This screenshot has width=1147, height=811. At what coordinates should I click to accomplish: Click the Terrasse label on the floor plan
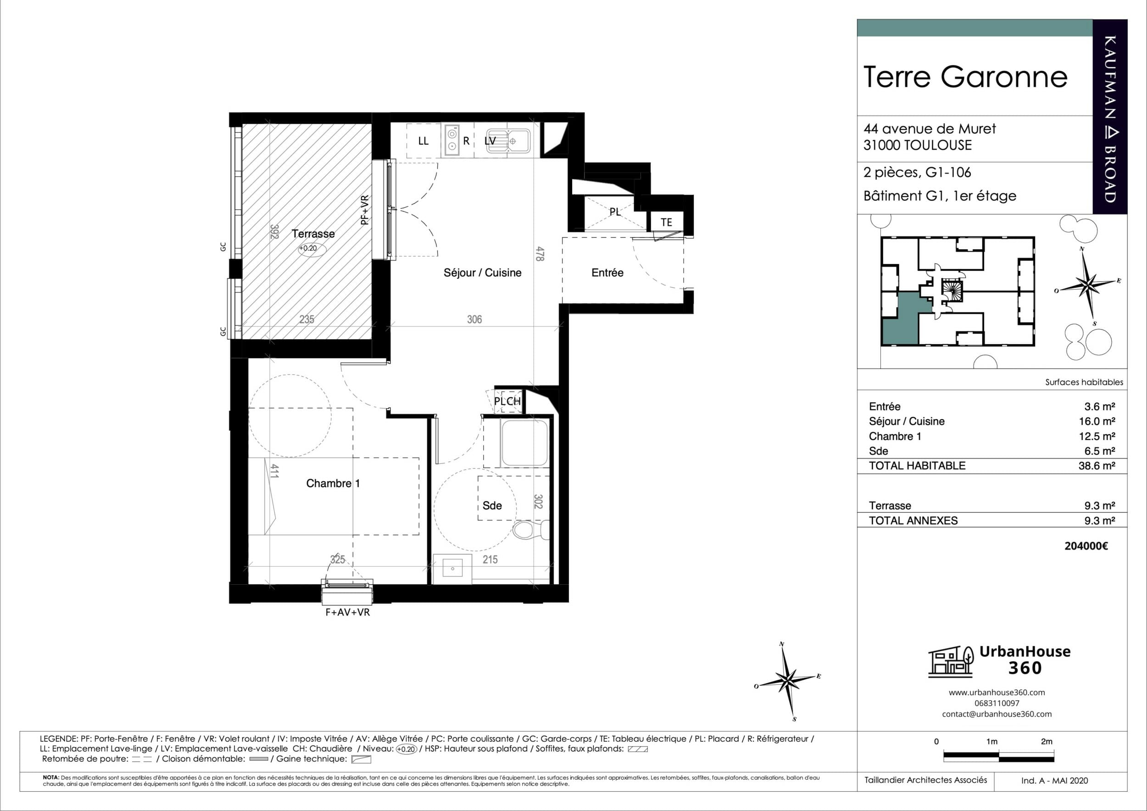coord(313,234)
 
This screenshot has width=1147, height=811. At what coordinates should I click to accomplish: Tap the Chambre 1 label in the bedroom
coord(333,483)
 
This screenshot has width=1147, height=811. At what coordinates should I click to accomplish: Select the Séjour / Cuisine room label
coord(483,273)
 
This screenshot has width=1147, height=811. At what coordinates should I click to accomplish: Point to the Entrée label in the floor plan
coord(607,273)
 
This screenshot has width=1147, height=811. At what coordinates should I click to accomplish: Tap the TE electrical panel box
coord(667,222)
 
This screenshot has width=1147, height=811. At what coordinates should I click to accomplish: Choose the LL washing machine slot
coord(423,141)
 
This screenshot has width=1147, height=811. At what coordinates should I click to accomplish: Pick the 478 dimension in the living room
coord(540,253)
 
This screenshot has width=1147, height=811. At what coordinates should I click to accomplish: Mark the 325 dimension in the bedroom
coord(338,559)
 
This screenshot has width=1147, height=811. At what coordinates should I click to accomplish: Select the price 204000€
coord(1086,546)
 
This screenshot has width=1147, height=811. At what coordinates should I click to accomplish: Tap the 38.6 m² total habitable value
coord(1097,466)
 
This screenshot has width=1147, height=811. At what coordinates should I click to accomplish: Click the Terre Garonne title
coord(965,77)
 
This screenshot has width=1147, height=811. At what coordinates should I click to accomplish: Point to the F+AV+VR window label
coord(348,612)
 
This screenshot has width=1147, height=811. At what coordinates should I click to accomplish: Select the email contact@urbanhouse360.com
coord(997,714)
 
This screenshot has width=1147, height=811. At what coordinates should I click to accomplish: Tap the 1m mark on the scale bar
coord(991,742)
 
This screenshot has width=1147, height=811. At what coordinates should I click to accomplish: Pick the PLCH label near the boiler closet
coord(507,401)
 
